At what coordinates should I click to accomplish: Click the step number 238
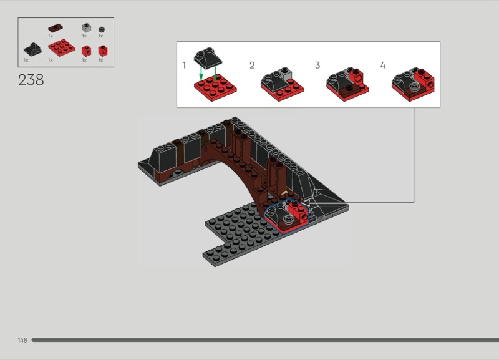tap(31, 80)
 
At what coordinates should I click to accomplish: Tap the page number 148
tap(22, 340)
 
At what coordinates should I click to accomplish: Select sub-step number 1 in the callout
tap(184, 66)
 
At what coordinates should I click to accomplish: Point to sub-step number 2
tap(252, 66)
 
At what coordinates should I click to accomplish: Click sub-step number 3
tap(317, 66)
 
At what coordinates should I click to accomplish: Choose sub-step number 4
tap(383, 66)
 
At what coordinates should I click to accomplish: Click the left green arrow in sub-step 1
tap(201, 73)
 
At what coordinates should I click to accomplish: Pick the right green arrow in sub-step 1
tap(215, 73)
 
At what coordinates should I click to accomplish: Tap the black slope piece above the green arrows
tap(208, 58)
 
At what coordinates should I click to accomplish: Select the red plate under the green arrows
tap(215, 88)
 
